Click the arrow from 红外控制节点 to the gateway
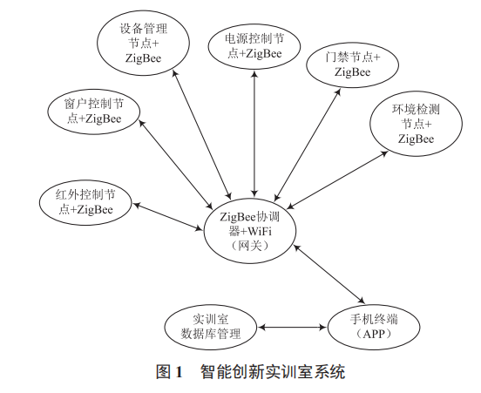click(x=166, y=216)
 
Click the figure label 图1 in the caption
click(x=168, y=372)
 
